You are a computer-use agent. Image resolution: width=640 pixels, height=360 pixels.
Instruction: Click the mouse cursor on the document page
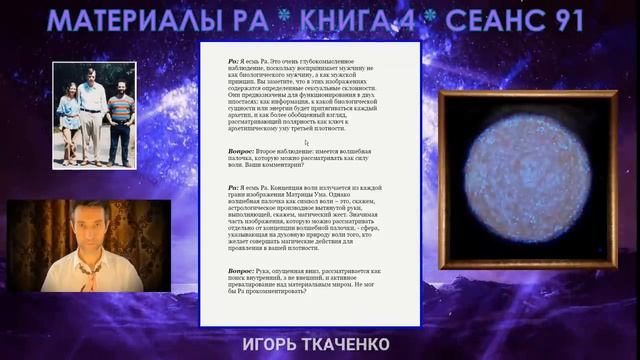pos(306,143)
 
